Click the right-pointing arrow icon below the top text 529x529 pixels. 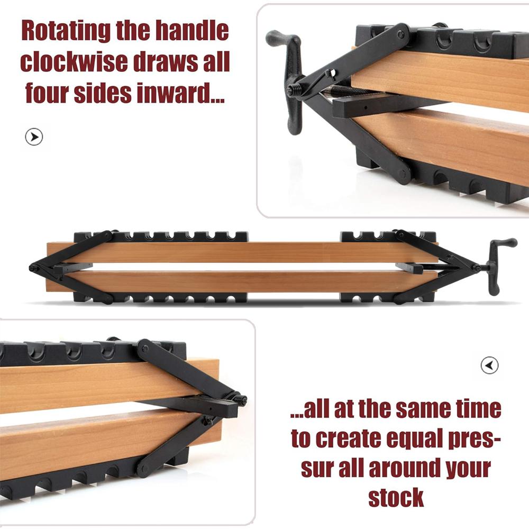pyautogui.click(x=34, y=137)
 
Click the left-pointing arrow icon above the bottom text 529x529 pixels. pyautogui.click(x=490, y=365)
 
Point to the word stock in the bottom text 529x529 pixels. pyautogui.click(x=396, y=498)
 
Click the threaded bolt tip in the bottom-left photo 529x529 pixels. pyautogui.click(x=242, y=400)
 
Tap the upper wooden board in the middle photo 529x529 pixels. pyautogui.click(x=238, y=252)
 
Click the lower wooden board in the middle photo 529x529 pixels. pyautogui.click(x=238, y=281)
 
